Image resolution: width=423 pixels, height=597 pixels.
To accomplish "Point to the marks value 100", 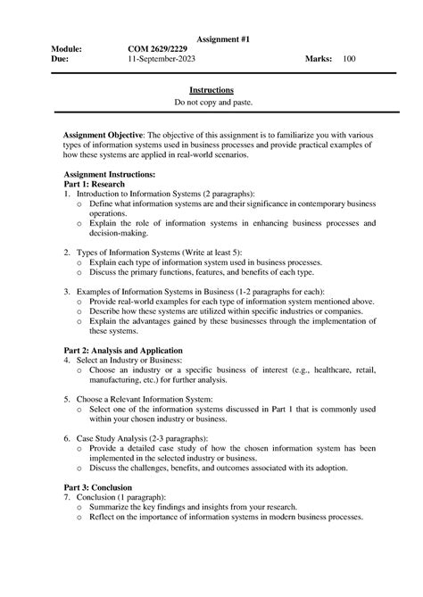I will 348,59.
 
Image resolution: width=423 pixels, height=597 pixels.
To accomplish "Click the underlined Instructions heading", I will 211,91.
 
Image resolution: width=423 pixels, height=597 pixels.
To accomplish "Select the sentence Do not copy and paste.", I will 211,103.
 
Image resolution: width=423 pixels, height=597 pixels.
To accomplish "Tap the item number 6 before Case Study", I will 65,438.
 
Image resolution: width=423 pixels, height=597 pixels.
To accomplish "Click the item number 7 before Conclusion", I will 65,498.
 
